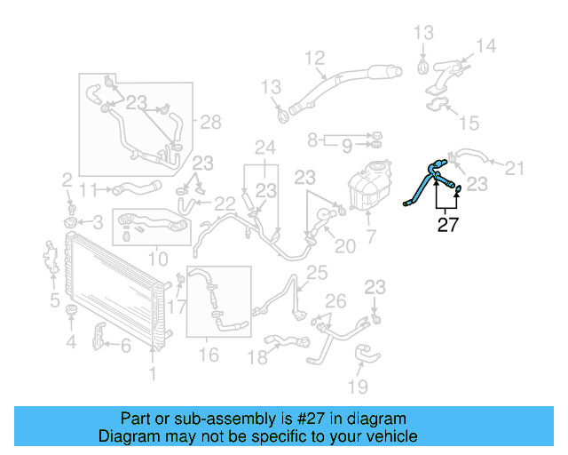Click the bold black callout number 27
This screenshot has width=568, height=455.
pyautogui.click(x=448, y=225)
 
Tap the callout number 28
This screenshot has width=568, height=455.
pyautogui.click(x=209, y=122)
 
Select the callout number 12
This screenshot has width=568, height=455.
pyautogui.click(x=315, y=59)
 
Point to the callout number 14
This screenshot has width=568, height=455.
pyautogui.click(x=485, y=45)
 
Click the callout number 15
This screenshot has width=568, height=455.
pyautogui.click(x=469, y=122)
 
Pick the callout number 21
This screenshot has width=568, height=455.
pyautogui.click(x=515, y=166)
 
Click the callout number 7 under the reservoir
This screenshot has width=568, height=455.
pyautogui.click(x=371, y=237)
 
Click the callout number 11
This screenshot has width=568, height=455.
pyautogui.click(x=87, y=188)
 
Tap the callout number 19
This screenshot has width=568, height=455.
pyautogui.click(x=357, y=387)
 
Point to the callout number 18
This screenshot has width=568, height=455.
pyautogui.click(x=256, y=356)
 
